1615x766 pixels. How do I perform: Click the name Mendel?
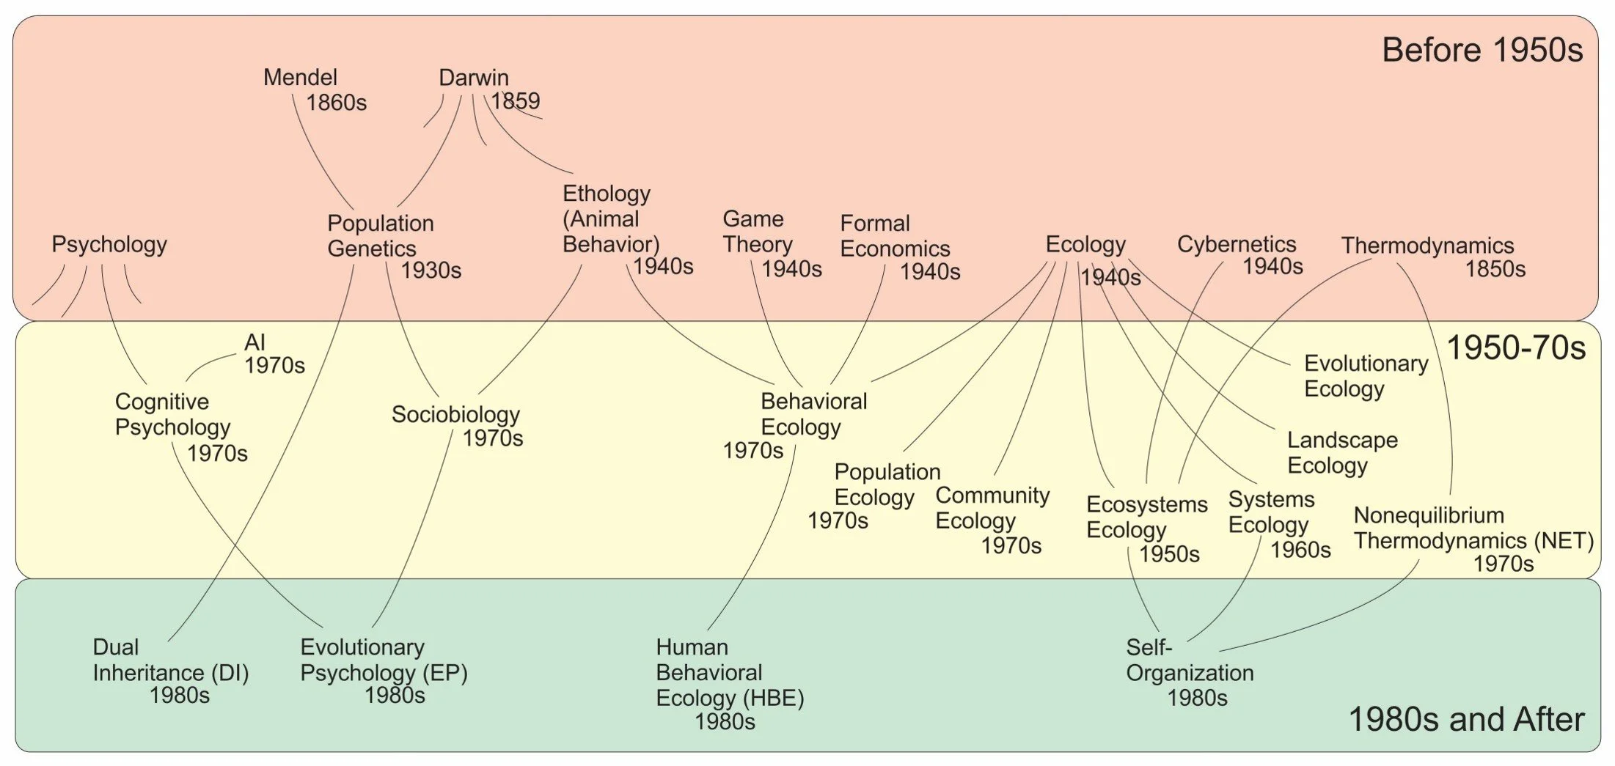(300, 78)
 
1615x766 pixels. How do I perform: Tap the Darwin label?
(473, 78)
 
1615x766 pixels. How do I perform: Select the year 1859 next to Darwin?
(516, 101)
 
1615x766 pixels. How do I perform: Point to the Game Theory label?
(758, 232)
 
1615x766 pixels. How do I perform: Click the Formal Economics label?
(895, 236)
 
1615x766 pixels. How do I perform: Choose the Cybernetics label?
(1237, 244)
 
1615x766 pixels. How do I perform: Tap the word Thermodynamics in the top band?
(1427, 246)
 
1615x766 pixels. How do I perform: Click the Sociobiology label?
(455, 414)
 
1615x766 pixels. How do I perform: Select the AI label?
(254, 342)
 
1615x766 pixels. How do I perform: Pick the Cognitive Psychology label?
(172, 414)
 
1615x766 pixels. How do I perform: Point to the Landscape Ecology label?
(1342, 452)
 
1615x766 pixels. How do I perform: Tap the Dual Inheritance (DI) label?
(170, 660)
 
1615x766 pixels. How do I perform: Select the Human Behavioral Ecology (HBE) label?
(729, 673)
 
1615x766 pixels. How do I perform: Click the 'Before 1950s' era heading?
(1482, 51)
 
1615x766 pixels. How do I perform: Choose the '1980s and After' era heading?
(1466, 720)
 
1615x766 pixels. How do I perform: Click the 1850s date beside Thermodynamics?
(1495, 270)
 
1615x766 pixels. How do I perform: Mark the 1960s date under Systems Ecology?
(1300, 550)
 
